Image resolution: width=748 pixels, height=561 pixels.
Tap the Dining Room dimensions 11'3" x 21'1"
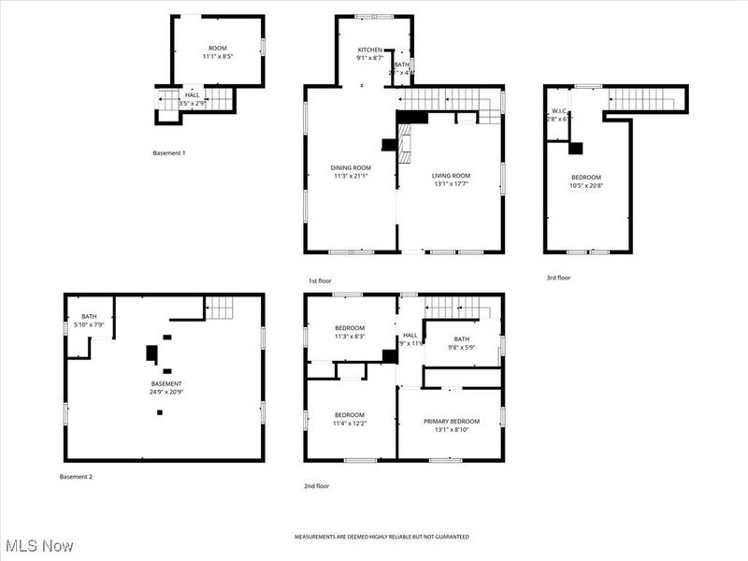click(x=352, y=176)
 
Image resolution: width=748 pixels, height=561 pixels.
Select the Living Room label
click(x=450, y=176)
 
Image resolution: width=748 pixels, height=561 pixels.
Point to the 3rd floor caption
click(x=558, y=278)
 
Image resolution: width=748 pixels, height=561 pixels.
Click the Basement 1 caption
click(x=168, y=152)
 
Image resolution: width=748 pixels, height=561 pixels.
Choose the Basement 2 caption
click(x=76, y=477)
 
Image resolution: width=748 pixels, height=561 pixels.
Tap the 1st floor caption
click(x=320, y=280)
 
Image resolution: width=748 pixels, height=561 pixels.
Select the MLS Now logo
click(x=38, y=544)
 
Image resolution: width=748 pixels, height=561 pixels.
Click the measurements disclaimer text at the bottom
click(x=381, y=537)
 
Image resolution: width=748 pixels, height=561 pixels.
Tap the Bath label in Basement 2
click(x=89, y=316)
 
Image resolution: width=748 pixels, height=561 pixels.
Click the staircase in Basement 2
click(x=218, y=307)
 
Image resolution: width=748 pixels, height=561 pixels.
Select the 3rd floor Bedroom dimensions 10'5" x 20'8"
click(x=586, y=185)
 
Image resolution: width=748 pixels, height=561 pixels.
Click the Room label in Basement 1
click(x=217, y=48)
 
